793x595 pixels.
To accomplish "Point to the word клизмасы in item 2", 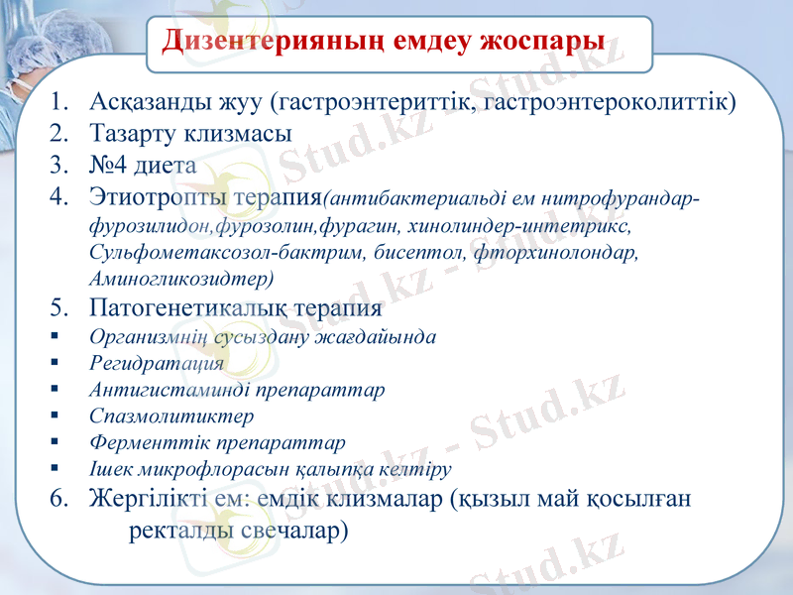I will click(x=236, y=132).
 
